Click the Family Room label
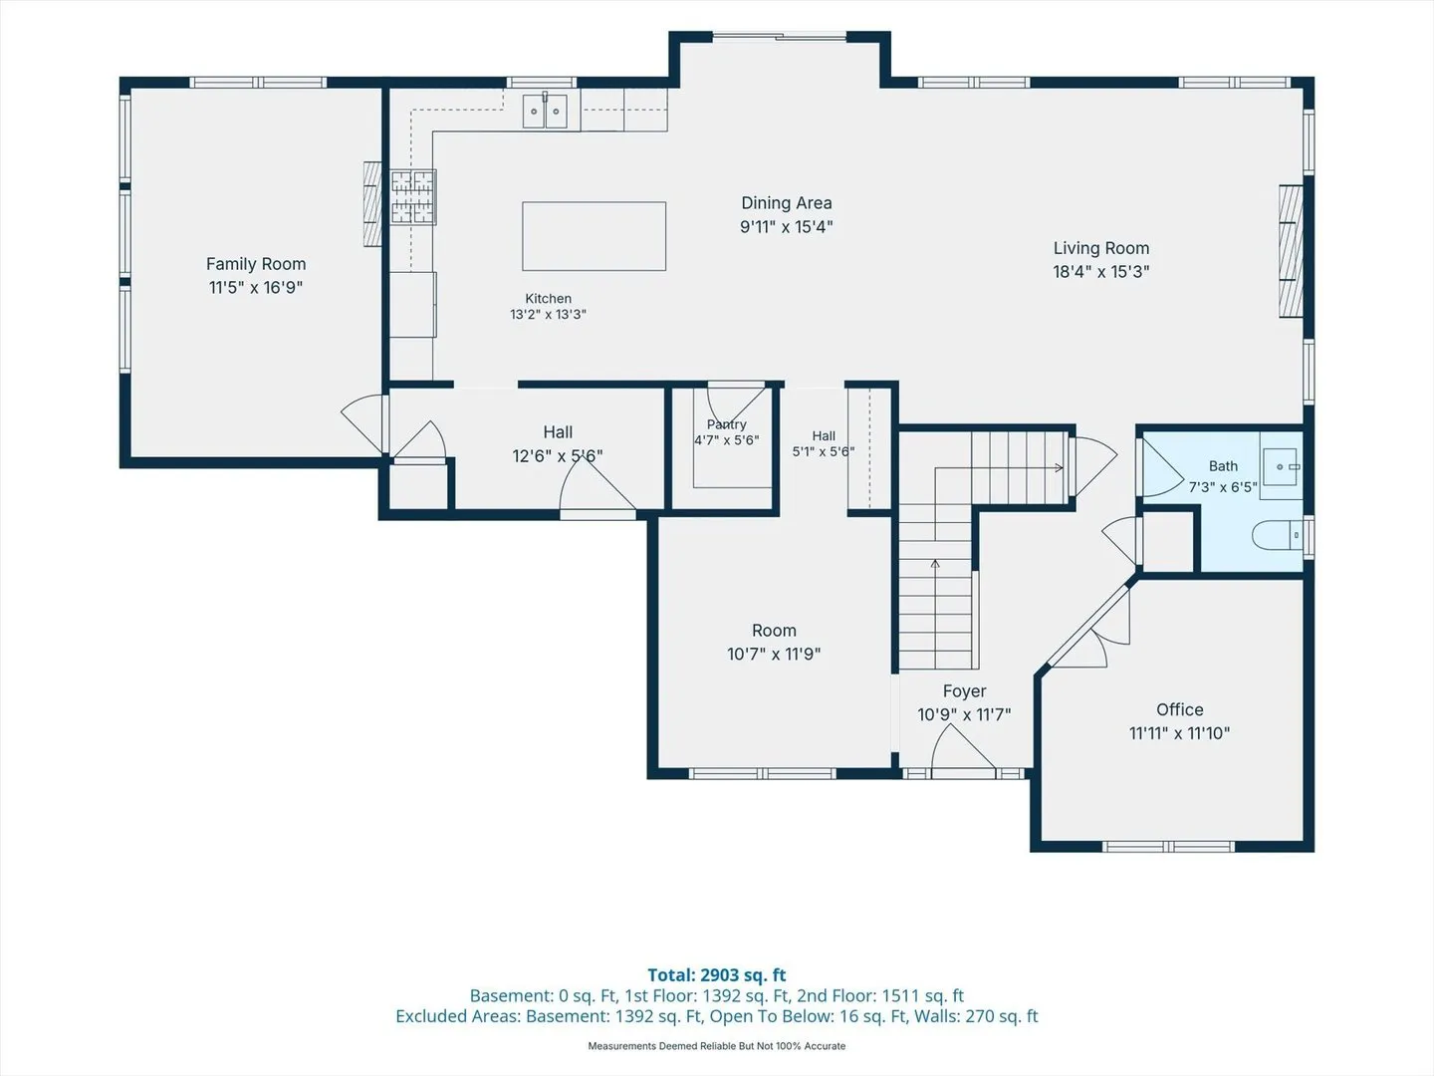[x=256, y=264]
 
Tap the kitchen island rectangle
[x=594, y=236]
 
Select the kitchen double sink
[x=545, y=111]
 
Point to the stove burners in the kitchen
[x=413, y=197]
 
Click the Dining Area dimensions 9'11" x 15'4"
[x=786, y=227]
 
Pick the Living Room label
[x=1100, y=248]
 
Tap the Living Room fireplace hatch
[x=1291, y=251]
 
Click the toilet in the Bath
[x=1278, y=536]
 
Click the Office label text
[x=1179, y=709]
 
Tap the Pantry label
[x=726, y=424]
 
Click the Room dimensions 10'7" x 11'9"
[x=774, y=654]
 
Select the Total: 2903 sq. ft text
[x=717, y=974]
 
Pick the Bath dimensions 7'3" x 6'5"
[x=1222, y=487]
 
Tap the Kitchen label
[x=548, y=299]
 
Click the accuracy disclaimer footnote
[x=717, y=1046]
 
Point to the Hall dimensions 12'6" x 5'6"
[x=558, y=455]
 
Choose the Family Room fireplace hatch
[x=372, y=204]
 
